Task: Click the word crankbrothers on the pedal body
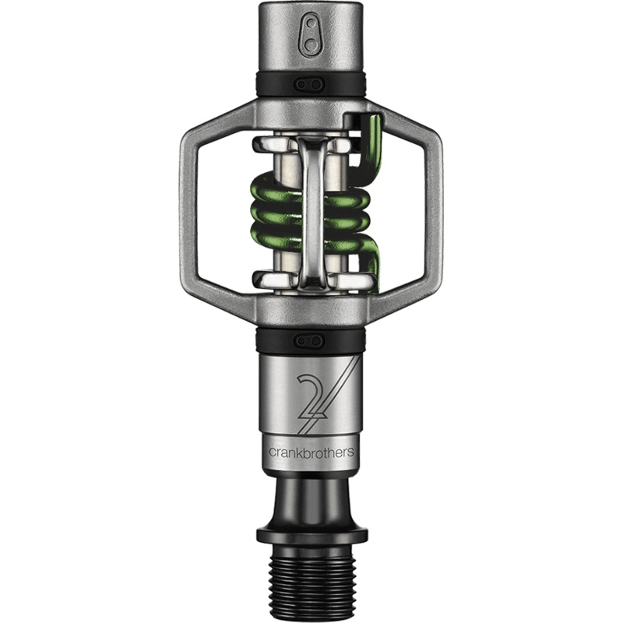pyautogui.click(x=311, y=452)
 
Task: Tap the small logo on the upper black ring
pyautogui.click(x=310, y=84)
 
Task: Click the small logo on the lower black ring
pyautogui.click(x=310, y=340)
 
